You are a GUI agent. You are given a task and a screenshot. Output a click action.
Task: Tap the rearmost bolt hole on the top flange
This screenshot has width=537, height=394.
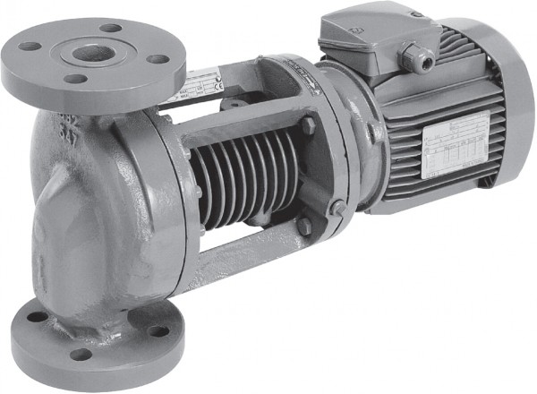coord(111,29)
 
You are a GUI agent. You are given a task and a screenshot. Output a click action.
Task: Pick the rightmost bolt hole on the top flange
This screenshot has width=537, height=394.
coord(158,60)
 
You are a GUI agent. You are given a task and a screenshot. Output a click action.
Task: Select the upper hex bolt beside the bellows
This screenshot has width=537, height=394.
coord(307,126)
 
